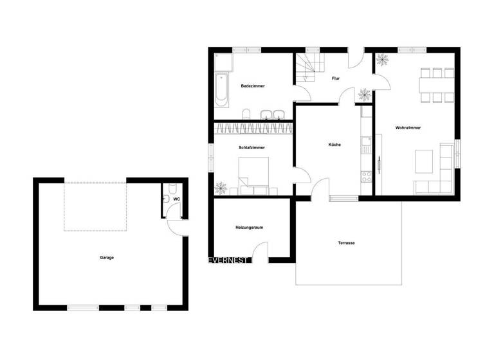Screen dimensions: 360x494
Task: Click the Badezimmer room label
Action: [253, 85]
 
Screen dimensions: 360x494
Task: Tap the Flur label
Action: [335, 78]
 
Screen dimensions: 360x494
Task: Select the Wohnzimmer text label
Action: [408, 128]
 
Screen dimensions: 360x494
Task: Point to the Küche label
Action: [334, 145]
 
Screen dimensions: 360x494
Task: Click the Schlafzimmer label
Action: [252, 147]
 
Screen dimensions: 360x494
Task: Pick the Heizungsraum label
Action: [250, 228]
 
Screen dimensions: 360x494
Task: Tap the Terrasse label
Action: [347, 243]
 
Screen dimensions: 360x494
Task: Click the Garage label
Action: [107, 258]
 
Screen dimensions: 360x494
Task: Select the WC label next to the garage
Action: [176, 200]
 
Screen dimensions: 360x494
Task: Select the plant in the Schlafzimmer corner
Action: [221, 188]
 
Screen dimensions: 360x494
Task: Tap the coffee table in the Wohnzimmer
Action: [424, 161]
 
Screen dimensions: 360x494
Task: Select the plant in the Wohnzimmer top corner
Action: [382, 60]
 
